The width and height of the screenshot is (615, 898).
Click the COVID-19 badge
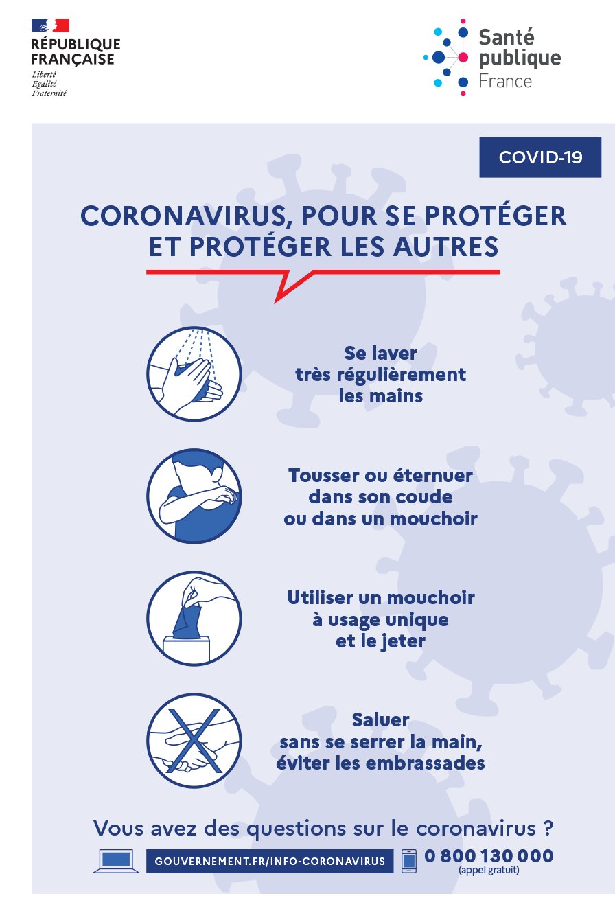[x=540, y=157]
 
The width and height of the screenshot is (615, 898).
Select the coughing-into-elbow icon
[x=194, y=496]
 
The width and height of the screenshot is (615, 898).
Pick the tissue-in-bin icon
[x=194, y=619]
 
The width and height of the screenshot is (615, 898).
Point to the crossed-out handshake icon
[x=194, y=741]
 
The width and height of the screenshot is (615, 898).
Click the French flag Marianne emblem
[x=50, y=25]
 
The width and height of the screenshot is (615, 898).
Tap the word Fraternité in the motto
[x=49, y=93]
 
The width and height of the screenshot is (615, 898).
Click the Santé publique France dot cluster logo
[x=448, y=56]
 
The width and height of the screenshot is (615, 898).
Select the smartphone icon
[x=409, y=861]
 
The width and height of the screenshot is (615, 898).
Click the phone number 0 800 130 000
[x=489, y=856]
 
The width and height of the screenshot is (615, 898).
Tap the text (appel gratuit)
[x=489, y=871]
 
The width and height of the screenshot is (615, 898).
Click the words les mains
[x=381, y=396]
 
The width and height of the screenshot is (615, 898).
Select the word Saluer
[x=381, y=720]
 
